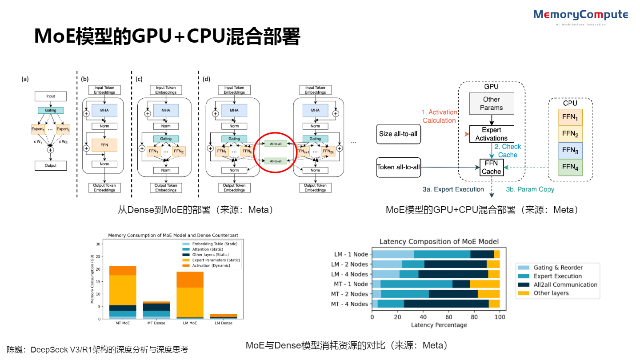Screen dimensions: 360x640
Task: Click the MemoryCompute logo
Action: [x=581, y=16]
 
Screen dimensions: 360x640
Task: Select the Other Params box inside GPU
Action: [x=492, y=104]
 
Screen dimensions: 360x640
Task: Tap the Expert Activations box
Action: [x=492, y=134]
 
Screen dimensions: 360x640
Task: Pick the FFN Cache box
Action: [x=492, y=168]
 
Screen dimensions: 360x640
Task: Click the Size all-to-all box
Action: [x=398, y=133]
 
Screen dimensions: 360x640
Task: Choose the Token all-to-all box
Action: [x=398, y=167]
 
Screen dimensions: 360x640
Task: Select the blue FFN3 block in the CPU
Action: [x=569, y=150]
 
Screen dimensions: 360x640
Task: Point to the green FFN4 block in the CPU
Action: [x=569, y=167]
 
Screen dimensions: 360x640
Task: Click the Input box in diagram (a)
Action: [x=51, y=96]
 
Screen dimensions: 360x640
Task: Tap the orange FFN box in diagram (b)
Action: [x=104, y=145]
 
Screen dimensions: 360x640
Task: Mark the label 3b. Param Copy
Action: [x=530, y=189]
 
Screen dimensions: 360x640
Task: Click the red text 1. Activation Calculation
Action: [x=439, y=116]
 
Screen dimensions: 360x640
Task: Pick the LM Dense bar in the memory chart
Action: [x=224, y=316]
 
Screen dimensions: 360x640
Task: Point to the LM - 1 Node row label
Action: [x=351, y=254]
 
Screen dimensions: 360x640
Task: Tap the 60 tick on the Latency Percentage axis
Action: [x=449, y=318]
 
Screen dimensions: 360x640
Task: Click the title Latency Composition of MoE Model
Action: [x=439, y=242]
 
